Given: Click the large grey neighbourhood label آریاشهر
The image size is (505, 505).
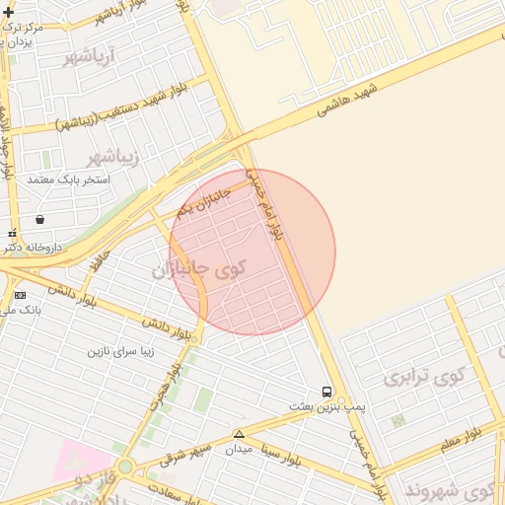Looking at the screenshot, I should click(90, 57).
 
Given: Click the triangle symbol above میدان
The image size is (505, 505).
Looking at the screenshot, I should click(238, 434).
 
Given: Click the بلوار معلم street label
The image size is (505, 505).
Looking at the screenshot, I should click(461, 437).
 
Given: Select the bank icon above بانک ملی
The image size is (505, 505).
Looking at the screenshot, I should click(20, 295).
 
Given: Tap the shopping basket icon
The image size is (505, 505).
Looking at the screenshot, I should click(38, 219).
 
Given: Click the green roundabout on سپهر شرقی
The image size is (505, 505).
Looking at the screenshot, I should click(124, 468).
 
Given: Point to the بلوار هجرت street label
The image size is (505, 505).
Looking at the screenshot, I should click(179, 380).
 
